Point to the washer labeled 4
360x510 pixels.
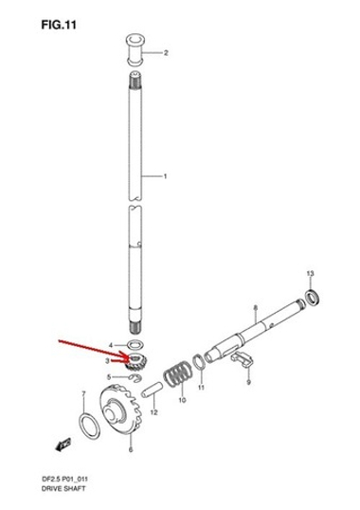coord(135,342)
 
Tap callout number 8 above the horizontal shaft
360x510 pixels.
coord(255,309)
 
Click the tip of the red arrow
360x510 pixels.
coord(127,360)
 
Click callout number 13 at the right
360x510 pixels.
coord(309,273)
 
